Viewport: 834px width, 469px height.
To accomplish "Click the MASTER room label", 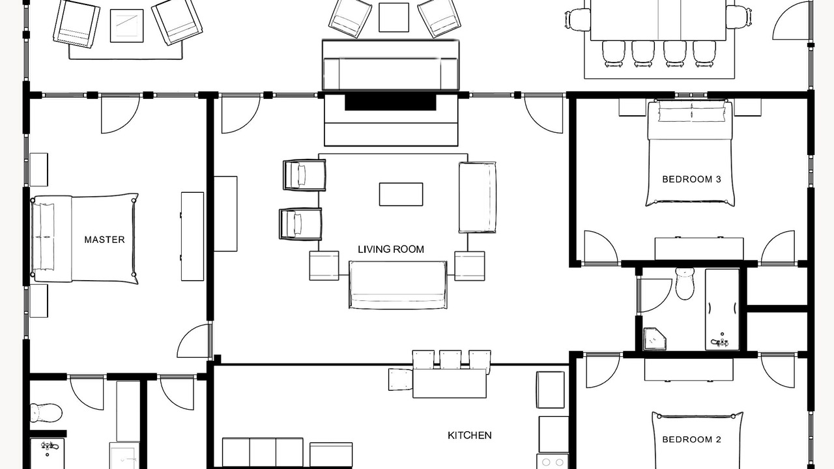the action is pos(104,240).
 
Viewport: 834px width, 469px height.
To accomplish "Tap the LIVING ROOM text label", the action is pos(391,249).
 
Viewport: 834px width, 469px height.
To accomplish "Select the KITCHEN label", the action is pos(470,435).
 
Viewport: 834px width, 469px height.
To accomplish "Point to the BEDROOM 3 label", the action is pos(692,179).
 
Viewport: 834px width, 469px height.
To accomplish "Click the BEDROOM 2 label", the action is pos(692,440).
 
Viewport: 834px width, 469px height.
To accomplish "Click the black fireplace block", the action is pos(390,102).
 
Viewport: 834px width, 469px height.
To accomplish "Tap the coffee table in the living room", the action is pos(401,194).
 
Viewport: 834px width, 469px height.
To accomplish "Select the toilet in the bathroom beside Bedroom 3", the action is pos(685,283).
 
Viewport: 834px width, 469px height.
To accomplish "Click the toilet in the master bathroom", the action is pos(46,412).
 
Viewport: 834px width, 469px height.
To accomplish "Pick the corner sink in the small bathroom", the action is pos(655,339).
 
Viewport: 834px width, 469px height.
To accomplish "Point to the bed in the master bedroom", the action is pos(85,238).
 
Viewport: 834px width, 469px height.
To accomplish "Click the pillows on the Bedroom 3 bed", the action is pos(692,111).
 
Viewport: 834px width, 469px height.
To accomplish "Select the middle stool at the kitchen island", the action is pos(450,360).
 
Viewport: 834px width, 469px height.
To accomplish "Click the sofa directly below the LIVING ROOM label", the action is pos(397,285).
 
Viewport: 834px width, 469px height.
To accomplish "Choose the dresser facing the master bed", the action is pos(192,236).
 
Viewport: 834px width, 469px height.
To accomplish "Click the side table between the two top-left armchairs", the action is pos(126,25).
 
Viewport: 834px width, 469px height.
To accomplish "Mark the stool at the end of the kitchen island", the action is pos(401,380).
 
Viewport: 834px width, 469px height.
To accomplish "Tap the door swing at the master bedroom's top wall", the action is pos(121,114).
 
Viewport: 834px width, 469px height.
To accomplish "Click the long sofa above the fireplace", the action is pos(390,66).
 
